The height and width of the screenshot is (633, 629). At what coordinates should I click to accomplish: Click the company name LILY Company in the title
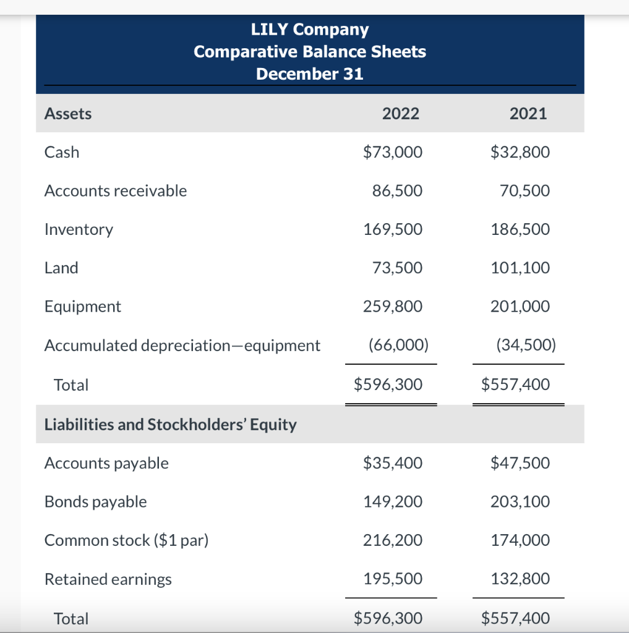[309, 29]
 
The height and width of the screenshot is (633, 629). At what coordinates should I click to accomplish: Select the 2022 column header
[400, 114]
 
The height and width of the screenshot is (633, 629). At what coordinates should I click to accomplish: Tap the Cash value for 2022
[393, 152]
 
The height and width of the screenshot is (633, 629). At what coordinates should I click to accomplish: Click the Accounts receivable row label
[115, 191]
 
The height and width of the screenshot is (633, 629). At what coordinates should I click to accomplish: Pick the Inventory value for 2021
[520, 229]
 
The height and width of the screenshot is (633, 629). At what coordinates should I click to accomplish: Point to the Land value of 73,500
[397, 268]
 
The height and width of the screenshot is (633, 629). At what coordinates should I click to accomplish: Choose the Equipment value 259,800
[393, 307]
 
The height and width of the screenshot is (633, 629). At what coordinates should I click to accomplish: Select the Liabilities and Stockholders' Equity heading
[170, 425]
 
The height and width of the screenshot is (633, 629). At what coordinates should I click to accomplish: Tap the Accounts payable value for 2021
[520, 463]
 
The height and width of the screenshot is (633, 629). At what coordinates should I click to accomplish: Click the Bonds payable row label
[95, 502]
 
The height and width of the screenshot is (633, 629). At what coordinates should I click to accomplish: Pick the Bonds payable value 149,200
[393, 502]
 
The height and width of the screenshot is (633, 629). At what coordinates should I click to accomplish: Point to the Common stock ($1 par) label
[126, 540]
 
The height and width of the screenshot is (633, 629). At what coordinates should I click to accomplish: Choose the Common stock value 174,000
[520, 540]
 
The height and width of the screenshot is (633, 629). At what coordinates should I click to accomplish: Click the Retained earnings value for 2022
[393, 579]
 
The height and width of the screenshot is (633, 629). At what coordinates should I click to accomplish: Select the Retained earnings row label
[108, 579]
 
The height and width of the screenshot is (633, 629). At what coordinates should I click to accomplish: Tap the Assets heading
[68, 114]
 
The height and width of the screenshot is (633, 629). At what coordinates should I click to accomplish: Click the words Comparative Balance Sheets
[309, 51]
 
